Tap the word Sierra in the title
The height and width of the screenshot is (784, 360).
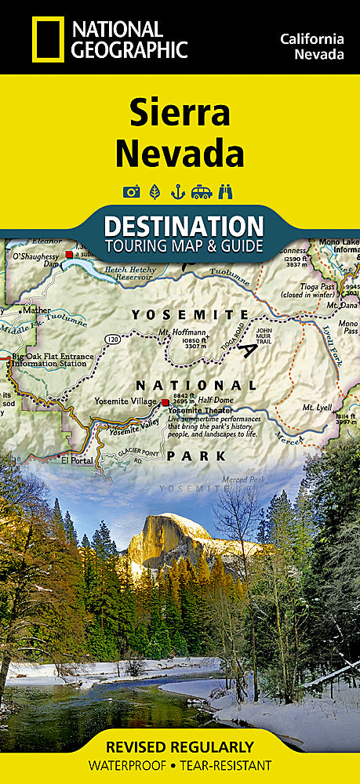[180, 114]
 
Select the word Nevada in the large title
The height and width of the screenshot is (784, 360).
[180, 152]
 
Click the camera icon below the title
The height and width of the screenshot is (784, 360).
[131, 191]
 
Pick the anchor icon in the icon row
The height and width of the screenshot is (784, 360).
[179, 191]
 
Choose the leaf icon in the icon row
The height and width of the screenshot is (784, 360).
[155, 191]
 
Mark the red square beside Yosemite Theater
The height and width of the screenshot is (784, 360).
[165, 403]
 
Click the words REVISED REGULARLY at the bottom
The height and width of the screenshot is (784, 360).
[180, 746]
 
